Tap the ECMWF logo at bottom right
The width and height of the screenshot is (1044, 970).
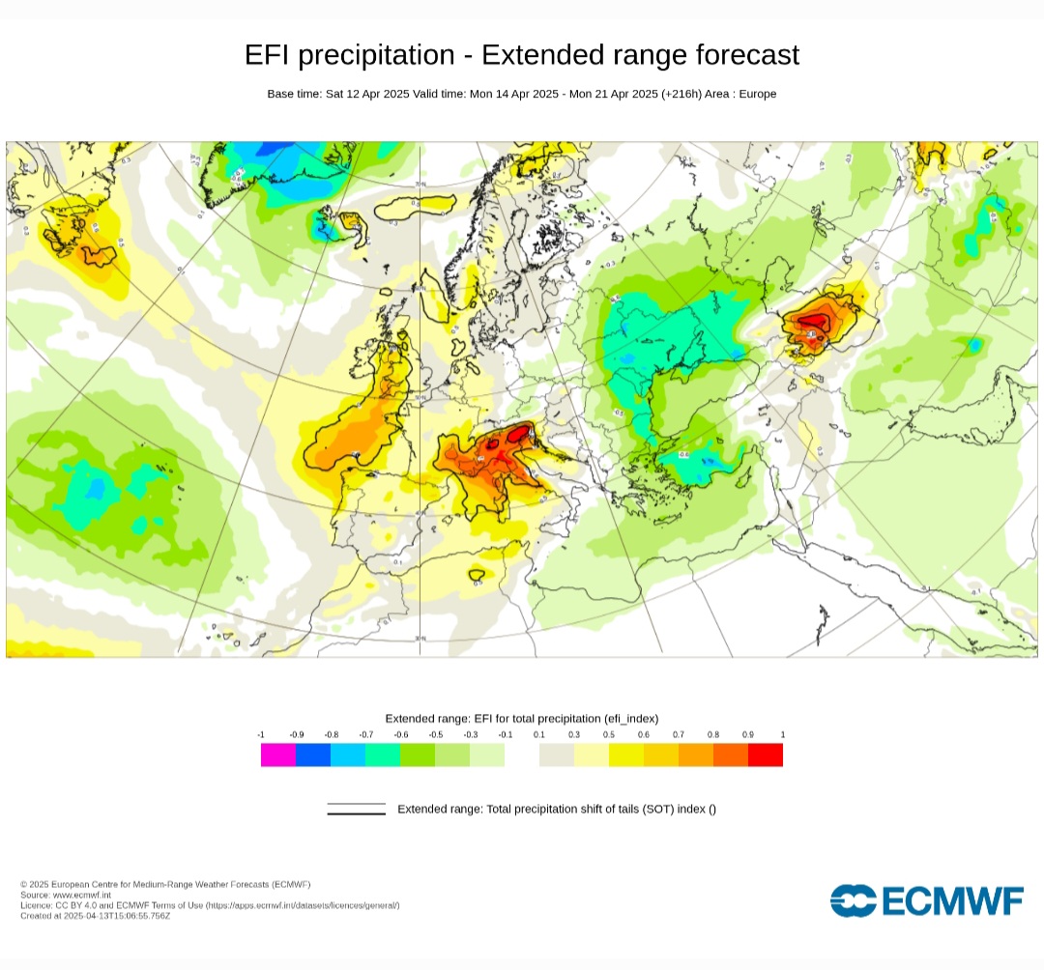pos(926,900)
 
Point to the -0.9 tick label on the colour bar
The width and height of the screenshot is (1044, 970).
pos(296,735)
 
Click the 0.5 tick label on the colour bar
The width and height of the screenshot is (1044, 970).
pos(609,735)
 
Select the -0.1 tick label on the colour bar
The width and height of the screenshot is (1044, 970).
pos(505,735)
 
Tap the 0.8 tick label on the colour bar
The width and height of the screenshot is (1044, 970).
pos(713,735)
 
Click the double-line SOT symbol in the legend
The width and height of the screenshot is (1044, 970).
pos(356,809)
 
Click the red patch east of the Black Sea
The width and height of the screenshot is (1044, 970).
pos(814,323)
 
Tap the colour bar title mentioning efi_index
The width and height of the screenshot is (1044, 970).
pos(521,718)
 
